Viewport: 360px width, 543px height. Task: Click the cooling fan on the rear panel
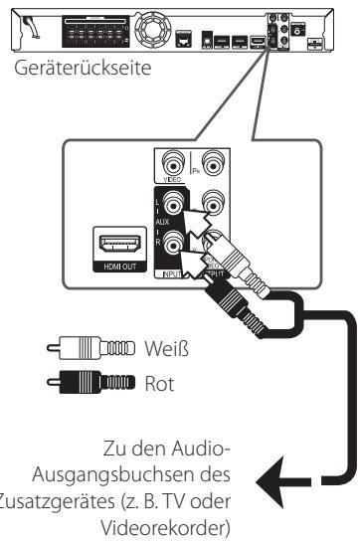click(x=156, y=26)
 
